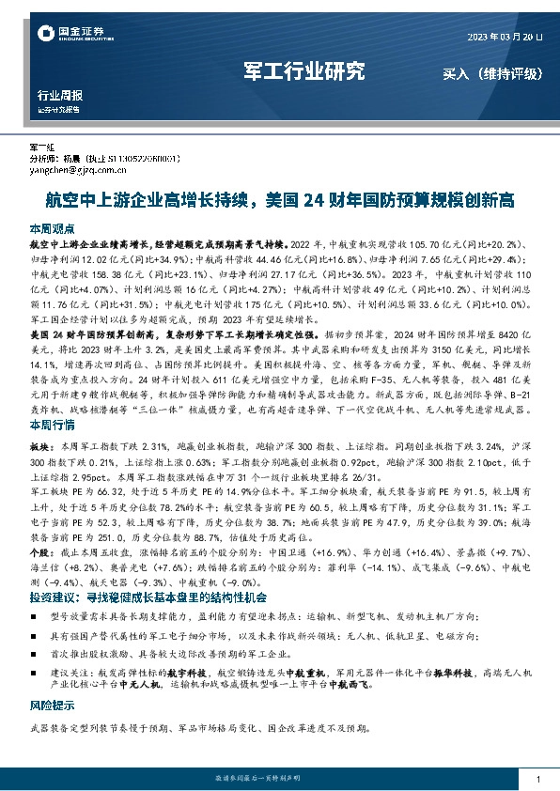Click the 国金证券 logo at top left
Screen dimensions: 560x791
coord(65,35)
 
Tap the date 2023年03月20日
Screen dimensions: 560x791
coord(506,37)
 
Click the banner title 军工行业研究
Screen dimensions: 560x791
coord(303,71)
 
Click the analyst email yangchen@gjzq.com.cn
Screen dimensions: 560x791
coord(73,171)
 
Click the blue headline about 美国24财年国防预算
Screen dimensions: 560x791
coord(280,200)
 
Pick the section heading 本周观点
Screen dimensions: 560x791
coord(52,229)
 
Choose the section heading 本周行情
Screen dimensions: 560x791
coord(52,426)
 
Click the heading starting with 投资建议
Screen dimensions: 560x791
coord(148,597)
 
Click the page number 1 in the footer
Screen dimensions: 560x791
coord(536,780)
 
